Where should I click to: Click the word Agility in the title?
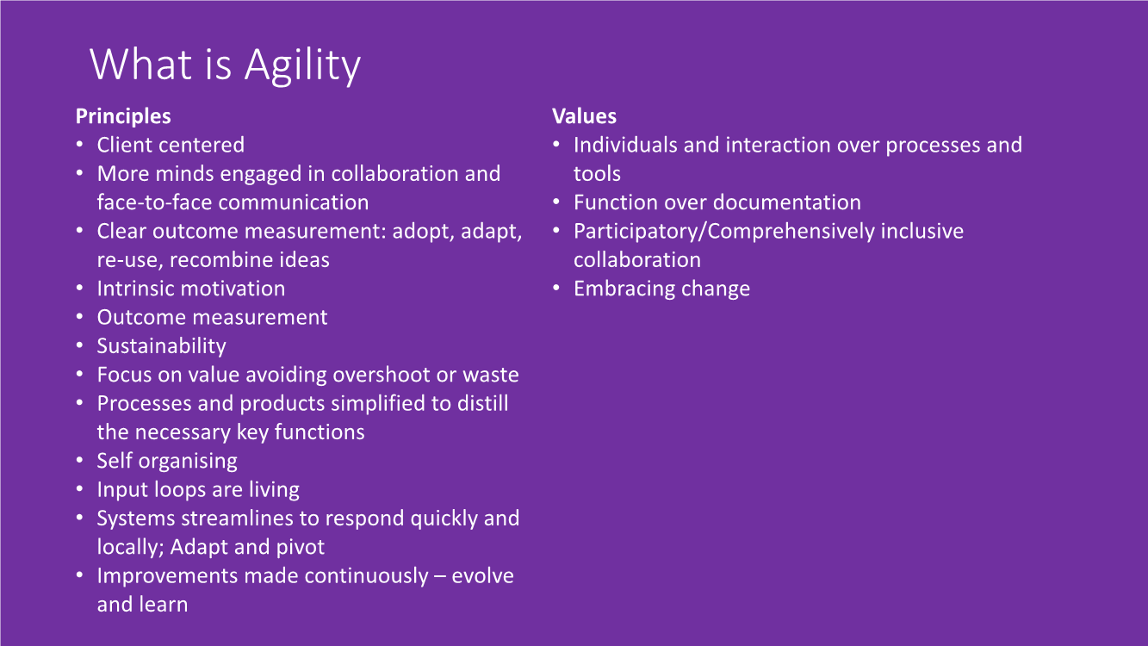point(302,65)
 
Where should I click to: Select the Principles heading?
point(123,116)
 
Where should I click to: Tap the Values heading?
point(584,116)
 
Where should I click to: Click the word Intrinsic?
point(137,289)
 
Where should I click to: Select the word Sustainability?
point(161,346)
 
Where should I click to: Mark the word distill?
point(482,403)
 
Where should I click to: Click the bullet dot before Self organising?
point(80,460)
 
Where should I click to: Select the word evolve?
point(482,575)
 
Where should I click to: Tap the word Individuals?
point(625,145)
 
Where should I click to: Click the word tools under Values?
point(597,174)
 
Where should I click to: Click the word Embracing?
point(623,289)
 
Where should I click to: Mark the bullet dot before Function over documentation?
point(556,202)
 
